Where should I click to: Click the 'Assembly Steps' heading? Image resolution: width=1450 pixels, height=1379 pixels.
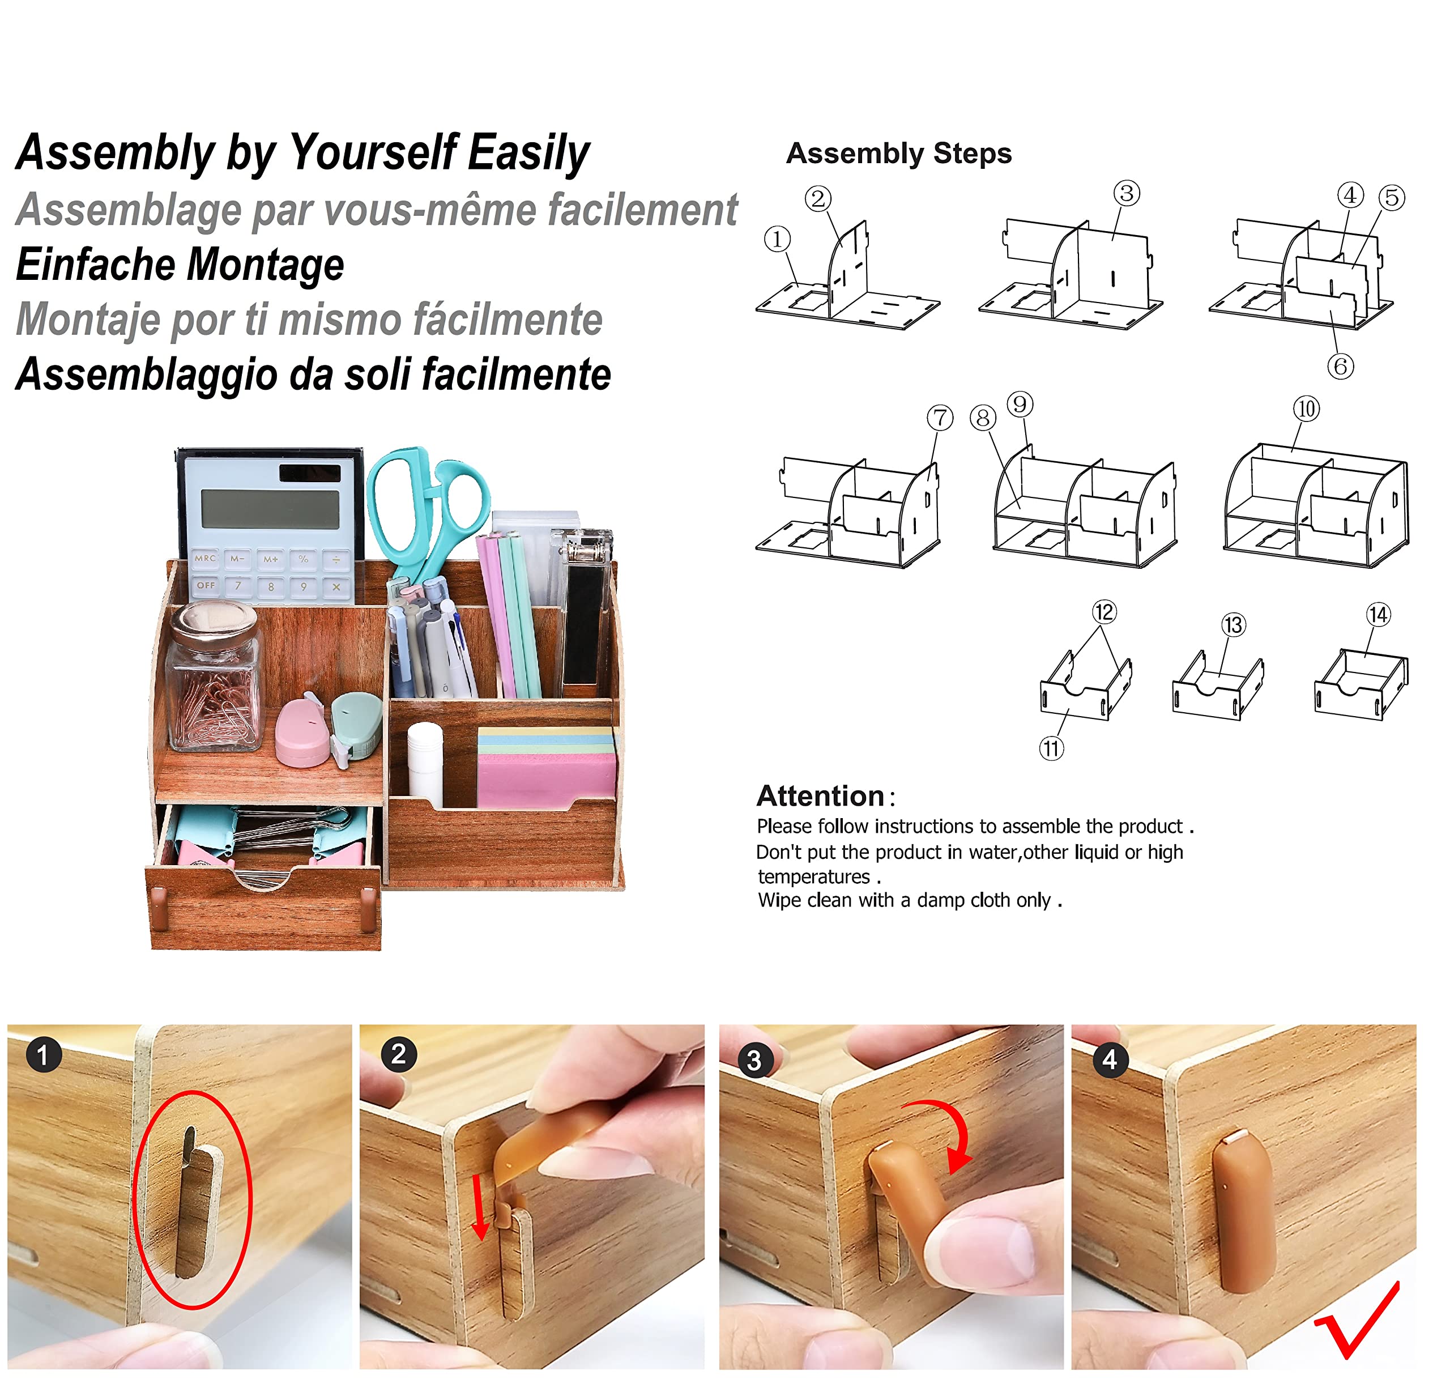pyautogui.click(x=898, y=153)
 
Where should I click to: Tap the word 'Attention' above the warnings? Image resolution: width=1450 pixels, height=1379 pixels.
pyautogui.click(x=820, y=795)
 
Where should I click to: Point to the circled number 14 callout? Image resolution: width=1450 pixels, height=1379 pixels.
pyautogui.click(x=1377, y=615)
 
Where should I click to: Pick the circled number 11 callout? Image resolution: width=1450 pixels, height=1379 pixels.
pyautogui.click(x=1051, y=748)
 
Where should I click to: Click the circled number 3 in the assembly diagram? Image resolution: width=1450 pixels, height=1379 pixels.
pyautogui.click(x=1126, y=193)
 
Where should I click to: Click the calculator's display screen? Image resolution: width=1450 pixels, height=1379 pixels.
pyautogui.click(x=270, y=509)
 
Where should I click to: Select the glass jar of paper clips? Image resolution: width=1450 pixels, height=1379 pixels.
pyautogui.click(x=213, y=676)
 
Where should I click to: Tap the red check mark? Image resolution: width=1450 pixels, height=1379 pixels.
pyautogui.click(x=1356, y=1320)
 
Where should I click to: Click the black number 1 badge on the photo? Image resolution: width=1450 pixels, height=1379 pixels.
pyautogui.click(x=44, y=1054)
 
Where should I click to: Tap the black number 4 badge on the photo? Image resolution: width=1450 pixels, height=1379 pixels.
pyautogui.click(x=1110, y=1059)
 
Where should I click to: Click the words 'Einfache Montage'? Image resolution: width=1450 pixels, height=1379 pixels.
pyautogui.click(x=180, y=264)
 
